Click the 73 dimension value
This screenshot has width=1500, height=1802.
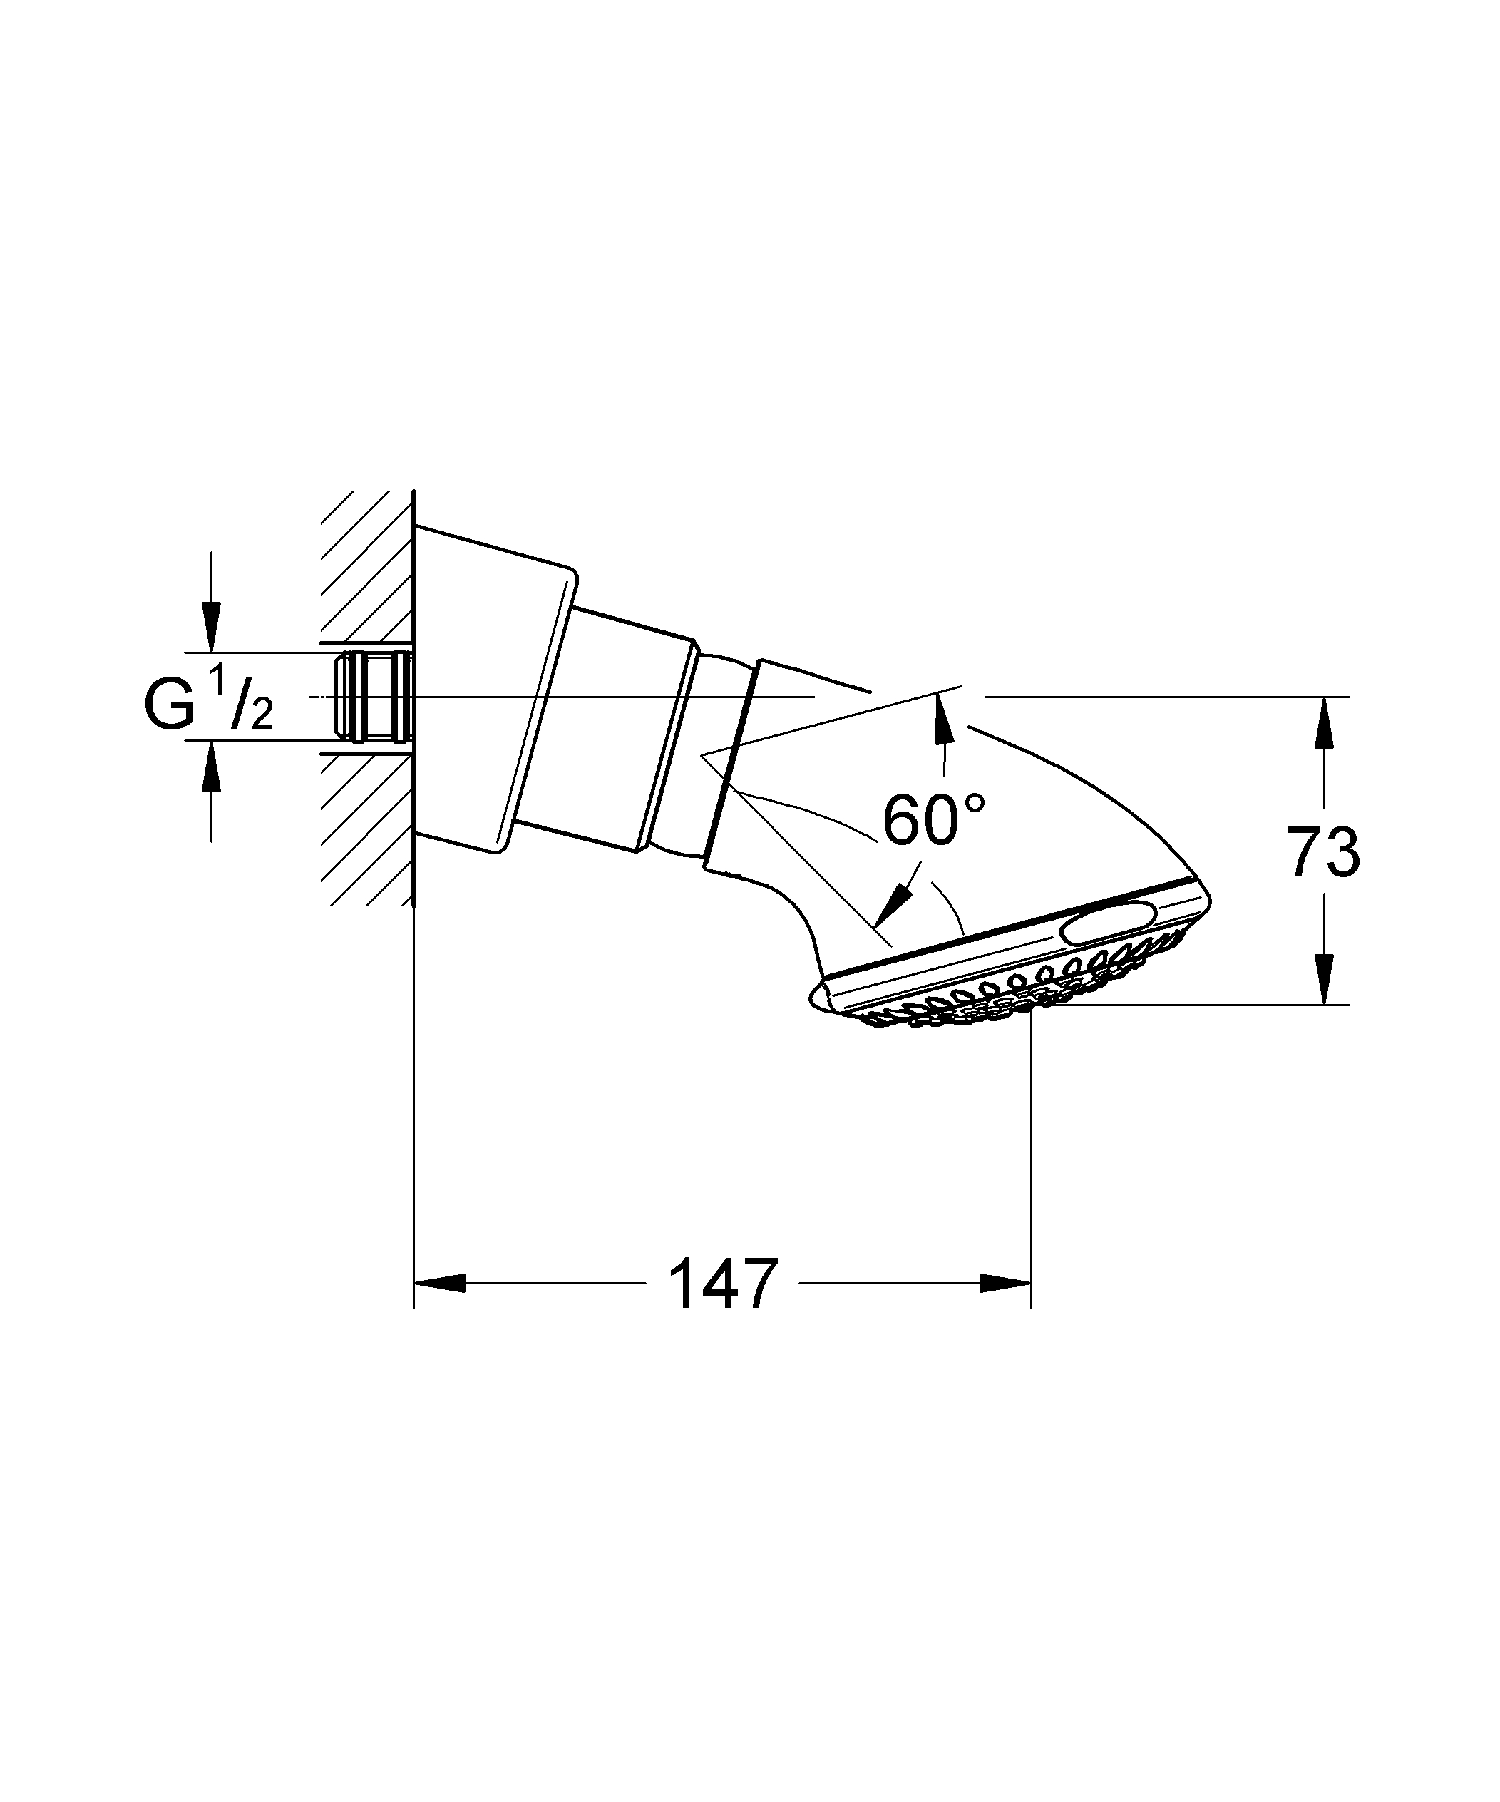click(x=1322, y=852)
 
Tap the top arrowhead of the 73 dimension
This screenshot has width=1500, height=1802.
click(x=1324, y=722)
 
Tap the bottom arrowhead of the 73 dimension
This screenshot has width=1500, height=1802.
click(x=1324, y=979)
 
